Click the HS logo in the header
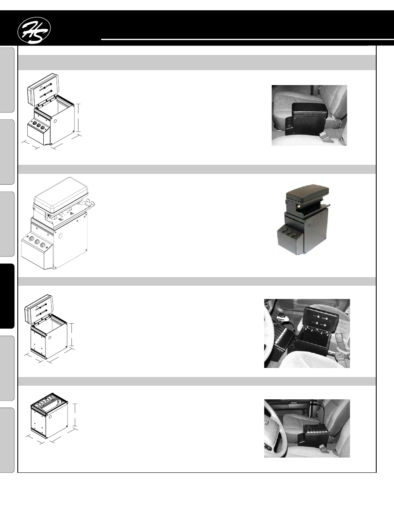[34, 31]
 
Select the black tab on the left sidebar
[7, 296]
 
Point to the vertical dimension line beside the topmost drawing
[78, 118]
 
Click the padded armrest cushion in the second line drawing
[61, 195]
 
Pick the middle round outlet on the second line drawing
[37, 242]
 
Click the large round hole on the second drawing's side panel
[60, 235]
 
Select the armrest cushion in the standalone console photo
[308, 192]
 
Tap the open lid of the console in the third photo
[321, 319]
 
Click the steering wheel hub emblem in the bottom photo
[266, 423]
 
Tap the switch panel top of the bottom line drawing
[50, 400]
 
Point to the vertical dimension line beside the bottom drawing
[75, 415]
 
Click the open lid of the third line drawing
[39, 309]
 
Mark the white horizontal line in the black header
[247, 39]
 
